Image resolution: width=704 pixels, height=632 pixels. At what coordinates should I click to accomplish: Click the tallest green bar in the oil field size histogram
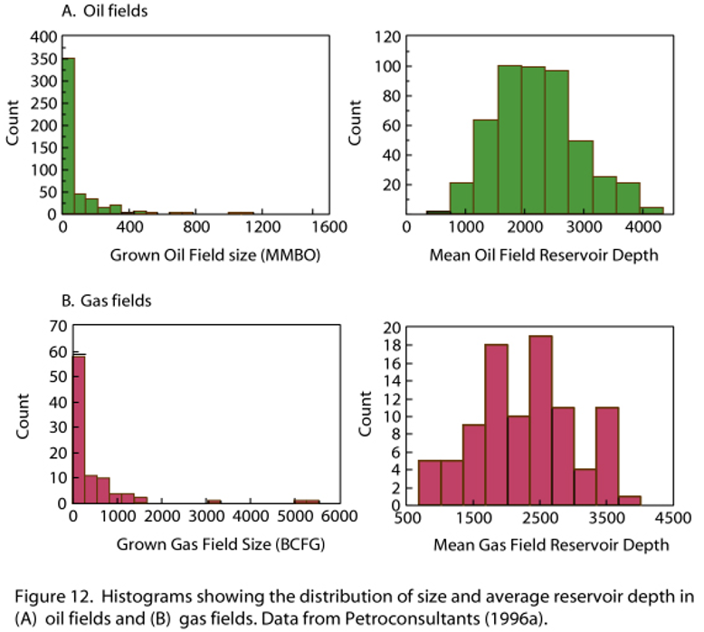(x=68, y=136)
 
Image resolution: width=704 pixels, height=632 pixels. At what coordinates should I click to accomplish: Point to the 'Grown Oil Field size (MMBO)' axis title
(x=215, y=255)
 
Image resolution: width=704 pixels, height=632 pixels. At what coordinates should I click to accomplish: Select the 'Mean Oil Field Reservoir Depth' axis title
(x=530, y=255)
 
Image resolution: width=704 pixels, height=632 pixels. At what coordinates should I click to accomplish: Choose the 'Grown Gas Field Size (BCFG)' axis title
(x=220, y=544)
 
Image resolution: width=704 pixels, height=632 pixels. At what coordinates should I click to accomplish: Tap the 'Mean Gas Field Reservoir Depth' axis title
(x=552, y=544)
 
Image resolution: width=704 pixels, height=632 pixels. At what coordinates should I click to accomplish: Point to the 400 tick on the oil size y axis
(x=43, y=38)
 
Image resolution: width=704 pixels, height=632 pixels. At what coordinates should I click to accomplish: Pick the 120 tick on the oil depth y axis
(x=388, y=38)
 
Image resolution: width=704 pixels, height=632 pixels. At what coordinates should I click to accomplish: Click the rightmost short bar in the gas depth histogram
(x=630, y=498)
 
